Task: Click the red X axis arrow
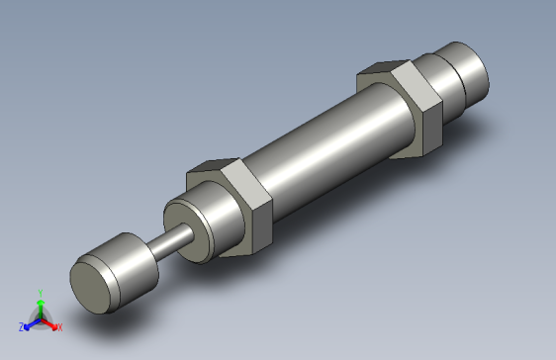[x=50, y=321]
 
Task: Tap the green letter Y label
[x=39, y=293]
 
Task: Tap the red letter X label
[x=58, y=326]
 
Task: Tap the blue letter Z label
[x=21, y=326]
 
